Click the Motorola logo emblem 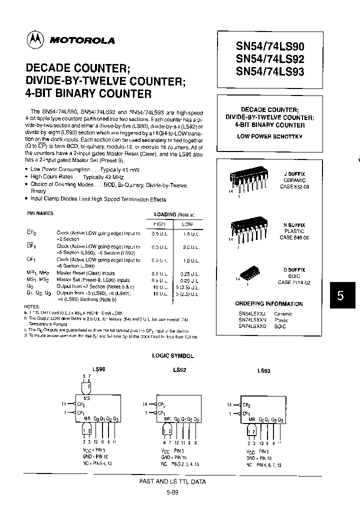click(x=35, y=40)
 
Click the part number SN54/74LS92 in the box click(x=269, y=58)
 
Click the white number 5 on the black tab click(x=340, y=295)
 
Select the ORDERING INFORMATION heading click(x=269, y=303)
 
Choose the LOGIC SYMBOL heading click(x=172, y=356)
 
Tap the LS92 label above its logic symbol click(x=179, y=370)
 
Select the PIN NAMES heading click(x=40, y=213)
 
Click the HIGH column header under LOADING click(x=159, y=224)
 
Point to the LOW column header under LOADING click(x=187, y=224)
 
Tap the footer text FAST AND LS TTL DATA click(x=172, y=481)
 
